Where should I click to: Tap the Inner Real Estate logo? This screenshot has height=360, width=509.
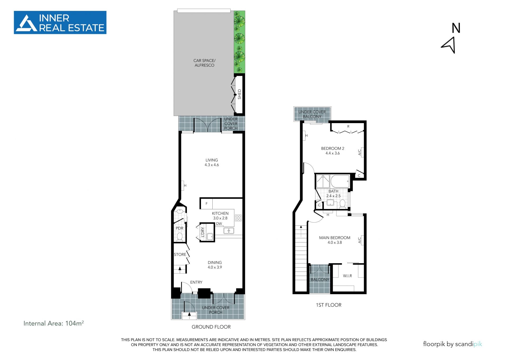coord(60,23)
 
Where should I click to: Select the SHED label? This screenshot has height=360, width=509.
coord(239,94)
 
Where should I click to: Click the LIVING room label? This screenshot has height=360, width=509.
coord(212,160)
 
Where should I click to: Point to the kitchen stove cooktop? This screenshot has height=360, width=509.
coord(238,218)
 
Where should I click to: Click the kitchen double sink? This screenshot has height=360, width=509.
coord(229,231)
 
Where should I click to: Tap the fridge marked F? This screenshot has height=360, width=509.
coord(206,204)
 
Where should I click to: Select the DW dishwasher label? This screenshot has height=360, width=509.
coord(219,224)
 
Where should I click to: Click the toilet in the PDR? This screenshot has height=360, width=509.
coord(179,236)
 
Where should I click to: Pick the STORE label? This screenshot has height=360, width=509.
coord(180,254)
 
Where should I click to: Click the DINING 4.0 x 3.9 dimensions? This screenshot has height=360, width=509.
coord(215,267)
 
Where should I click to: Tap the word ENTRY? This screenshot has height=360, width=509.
coord(196,282)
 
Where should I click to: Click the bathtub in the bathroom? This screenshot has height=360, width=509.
coord(340,181)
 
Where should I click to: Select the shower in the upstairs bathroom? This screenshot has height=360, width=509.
coord(323,181)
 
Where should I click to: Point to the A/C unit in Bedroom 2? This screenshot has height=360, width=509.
coord(362,152)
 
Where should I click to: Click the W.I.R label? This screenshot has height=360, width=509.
coord(347,276)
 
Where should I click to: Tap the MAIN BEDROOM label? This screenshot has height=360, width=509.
coord(335,238)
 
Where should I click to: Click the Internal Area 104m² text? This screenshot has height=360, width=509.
coord(54,323)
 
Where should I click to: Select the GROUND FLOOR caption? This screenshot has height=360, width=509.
coord(211,327)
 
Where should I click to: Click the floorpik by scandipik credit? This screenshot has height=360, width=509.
coord(453,344)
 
